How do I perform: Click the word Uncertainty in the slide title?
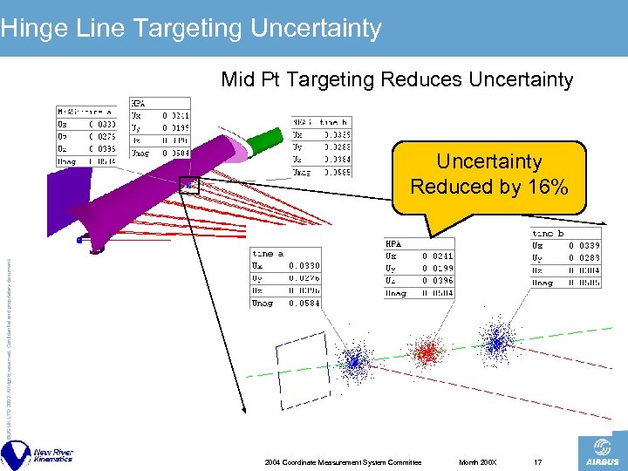point(316,28)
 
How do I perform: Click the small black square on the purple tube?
point(189,184)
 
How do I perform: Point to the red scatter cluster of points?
point(427,352)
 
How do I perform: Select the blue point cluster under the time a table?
point(354,360)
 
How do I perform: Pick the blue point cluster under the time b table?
point(498,343)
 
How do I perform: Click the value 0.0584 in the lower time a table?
point(305,303)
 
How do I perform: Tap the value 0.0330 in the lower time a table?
point(305,265)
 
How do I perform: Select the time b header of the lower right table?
point(549,234)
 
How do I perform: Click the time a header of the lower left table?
point(266,254)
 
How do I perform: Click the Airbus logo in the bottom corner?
point(601,453)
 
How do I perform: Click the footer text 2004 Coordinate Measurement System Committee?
point(343,461)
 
